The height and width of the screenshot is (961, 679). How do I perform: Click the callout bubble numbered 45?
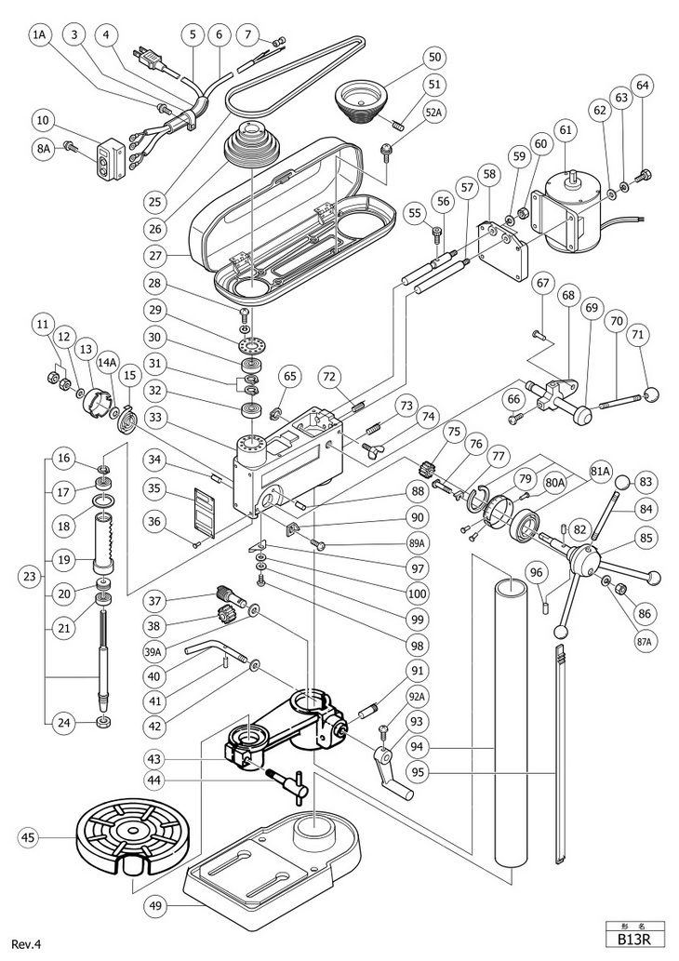[29, 836]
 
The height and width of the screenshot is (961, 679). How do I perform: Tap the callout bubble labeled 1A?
[41, 35]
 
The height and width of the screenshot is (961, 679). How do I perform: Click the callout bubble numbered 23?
[29, 578]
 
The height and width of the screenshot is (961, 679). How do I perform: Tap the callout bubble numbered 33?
[155, 419]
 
